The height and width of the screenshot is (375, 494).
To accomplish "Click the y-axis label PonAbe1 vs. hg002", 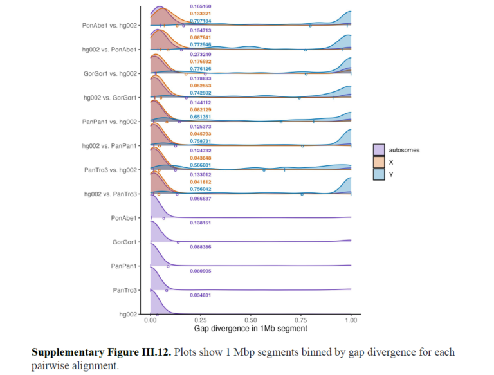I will [x=109, y=26].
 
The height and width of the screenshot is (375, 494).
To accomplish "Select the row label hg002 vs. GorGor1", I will [x=110, y=98].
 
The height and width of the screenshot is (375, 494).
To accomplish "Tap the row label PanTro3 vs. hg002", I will [x=110, y=170].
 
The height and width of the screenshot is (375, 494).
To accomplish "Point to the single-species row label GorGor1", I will [x=125, y=242].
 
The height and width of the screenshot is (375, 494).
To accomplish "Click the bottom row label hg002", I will [x=129, y=315].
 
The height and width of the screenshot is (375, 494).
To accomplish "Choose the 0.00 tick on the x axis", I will [x=151, y=320].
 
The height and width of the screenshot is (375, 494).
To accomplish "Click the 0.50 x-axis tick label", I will [x=251, y=320].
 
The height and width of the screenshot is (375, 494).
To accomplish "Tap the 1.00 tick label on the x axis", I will [x=351, y=320].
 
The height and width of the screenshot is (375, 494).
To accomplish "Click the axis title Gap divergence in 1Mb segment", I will [x=250, y=329].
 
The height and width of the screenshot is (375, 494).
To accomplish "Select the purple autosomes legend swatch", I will [x=379, y=150].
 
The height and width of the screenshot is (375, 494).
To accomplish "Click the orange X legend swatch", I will [x=379, y=161].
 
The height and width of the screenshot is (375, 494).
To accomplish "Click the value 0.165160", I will [x=200, y=6].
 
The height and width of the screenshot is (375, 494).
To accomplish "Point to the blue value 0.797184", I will [x=200, y=21].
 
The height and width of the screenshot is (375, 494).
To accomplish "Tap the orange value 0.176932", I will [x=200, y=62].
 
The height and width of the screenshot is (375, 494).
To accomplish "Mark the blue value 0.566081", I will [x=200, y=165].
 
